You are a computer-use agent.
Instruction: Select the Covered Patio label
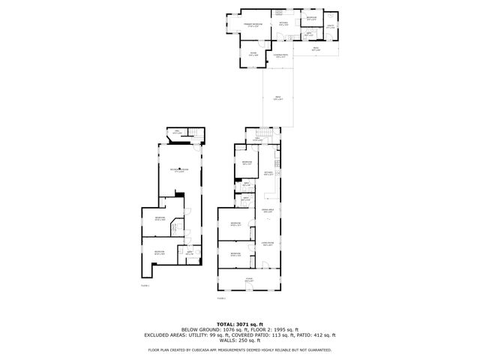(281, 56)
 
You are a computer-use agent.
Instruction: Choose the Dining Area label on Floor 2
(268, 211)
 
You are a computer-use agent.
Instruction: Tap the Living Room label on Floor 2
(268, 243)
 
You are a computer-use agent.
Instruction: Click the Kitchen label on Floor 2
(268, 174)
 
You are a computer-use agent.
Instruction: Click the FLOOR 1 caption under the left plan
(145, 286)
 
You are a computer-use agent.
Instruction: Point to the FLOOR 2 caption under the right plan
(221, 298)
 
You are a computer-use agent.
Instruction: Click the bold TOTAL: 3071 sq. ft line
(239, 323)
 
